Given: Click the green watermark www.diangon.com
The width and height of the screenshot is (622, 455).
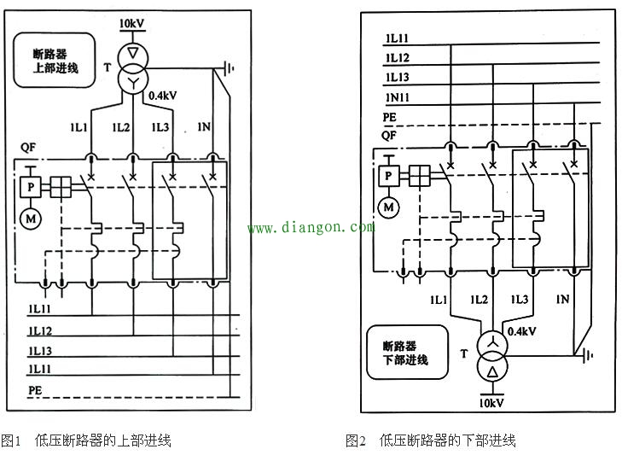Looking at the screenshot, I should pos(311,228).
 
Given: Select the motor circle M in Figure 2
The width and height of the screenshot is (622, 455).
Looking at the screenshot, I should pos(389,207).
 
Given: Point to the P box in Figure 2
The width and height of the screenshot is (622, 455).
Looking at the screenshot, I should pos(389,176).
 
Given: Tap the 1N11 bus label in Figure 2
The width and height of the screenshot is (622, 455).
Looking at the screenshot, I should pos(398,98).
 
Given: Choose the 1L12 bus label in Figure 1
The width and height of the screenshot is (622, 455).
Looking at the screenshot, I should pos(40,330).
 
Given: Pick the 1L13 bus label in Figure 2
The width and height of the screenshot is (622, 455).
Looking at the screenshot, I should pos(398,78).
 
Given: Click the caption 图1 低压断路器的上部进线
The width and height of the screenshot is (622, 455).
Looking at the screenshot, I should pos(86,440).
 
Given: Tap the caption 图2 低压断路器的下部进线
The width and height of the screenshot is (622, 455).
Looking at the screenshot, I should pos(431,440).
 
